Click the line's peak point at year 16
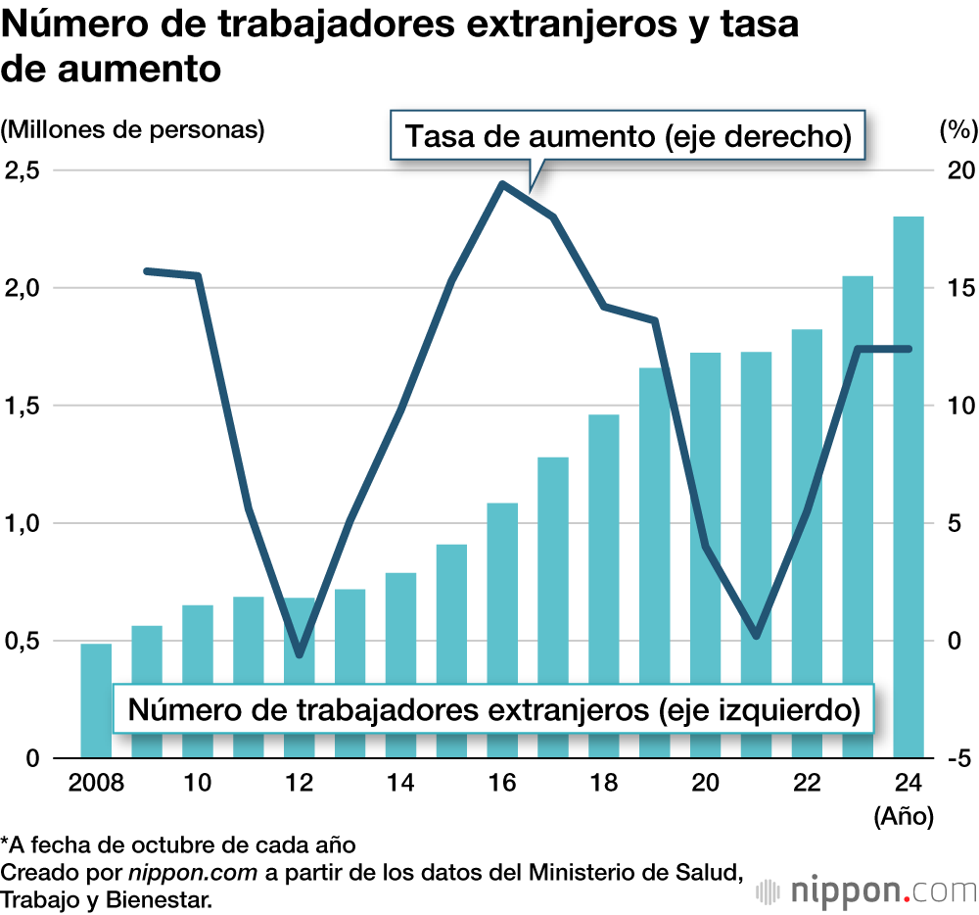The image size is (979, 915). pyautogui.click(x=502, y=184)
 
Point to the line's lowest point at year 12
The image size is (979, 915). pyautogui.click(x=300, y=655)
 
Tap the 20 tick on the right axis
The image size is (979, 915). pyautogui.click(x=951, y=170)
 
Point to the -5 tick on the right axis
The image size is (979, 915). pyautogui.click(x=953, y=758)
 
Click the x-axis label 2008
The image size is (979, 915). pyautogui.click(x=96, y=784)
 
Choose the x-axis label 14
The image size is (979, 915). pyautogui.click(x=400, y=784)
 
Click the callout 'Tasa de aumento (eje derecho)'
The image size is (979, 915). pyautogui.click(x=627, y=137)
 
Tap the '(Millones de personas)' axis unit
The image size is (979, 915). pyautogui.click(x=133, y=130)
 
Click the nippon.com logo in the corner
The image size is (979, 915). pyautogui.click(x=867, y=891)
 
